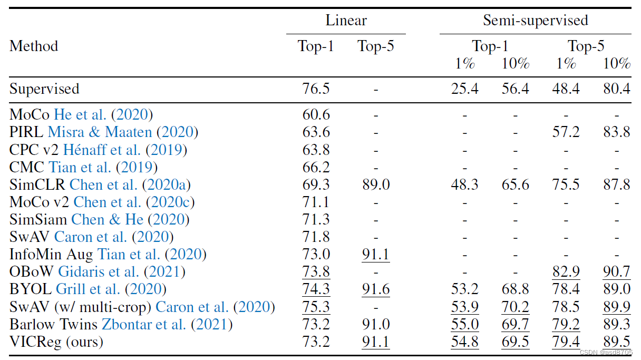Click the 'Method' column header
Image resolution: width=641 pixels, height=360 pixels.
click(34, 46)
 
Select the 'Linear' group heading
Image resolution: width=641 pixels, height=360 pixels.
click(346, 21)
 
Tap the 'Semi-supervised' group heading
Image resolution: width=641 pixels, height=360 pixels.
click(535, 21)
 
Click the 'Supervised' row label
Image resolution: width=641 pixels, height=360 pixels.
click(44, 89)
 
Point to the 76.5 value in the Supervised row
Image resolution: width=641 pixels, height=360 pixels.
click(316, 89)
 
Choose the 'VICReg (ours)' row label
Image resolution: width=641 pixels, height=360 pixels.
click(56, 342)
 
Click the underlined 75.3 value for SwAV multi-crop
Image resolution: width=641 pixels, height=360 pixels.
click(316, 307)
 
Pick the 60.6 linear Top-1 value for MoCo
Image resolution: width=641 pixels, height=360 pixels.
click(316, 114)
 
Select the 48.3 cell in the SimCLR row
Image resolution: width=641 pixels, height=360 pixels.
click(464, 184)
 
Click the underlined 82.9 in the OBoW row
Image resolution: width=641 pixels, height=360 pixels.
click(566, 272)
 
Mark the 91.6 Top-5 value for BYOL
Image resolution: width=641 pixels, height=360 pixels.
click(375, 289)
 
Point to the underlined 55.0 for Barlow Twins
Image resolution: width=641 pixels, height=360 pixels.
click(464, 325)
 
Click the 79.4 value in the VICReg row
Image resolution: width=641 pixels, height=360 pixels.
click(566, 342)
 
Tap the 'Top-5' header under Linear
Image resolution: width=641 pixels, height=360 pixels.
click(375, 46)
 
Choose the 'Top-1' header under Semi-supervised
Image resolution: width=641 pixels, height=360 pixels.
click(490, 46)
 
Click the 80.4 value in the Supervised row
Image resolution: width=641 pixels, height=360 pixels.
click(617, 89)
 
